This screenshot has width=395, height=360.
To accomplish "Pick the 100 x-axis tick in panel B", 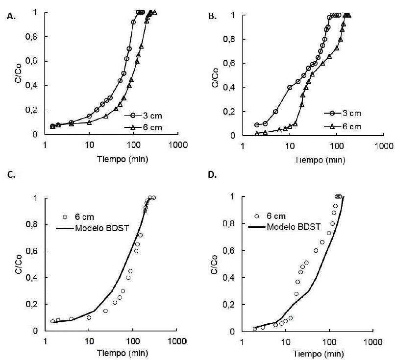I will pyautogui.click(x=336, y=145).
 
